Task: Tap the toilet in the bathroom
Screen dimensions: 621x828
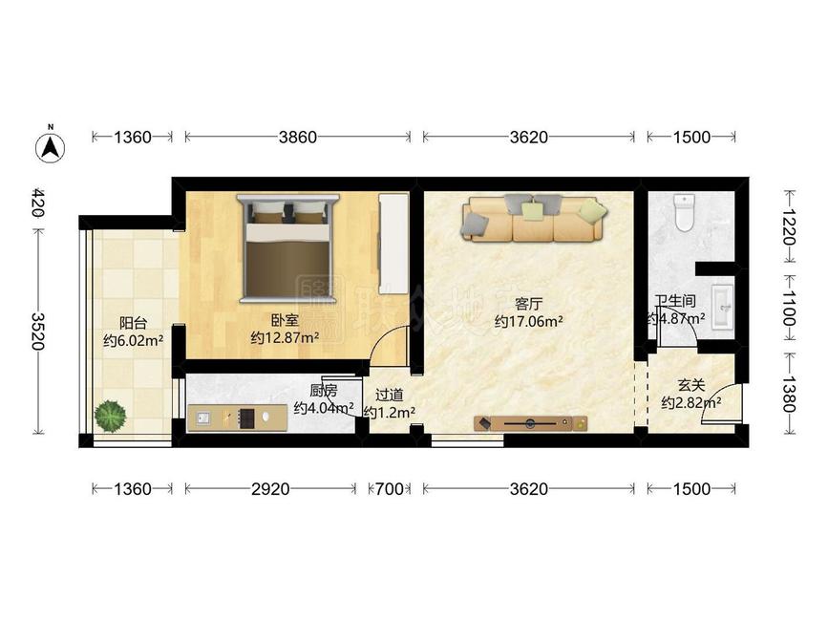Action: (x=684, y=213)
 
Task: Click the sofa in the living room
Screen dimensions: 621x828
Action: (x=533, y=219)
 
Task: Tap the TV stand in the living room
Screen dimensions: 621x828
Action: (x=531, y=422)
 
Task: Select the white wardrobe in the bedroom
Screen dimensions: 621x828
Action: (x=393, y=243)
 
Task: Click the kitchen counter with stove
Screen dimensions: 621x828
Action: (x=239, y=418)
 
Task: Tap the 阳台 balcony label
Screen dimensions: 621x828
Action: (x=133, y=322)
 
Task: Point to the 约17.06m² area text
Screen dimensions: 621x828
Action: (x=528, y=322)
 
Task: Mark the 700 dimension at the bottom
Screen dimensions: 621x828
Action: (x=389, y=489)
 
